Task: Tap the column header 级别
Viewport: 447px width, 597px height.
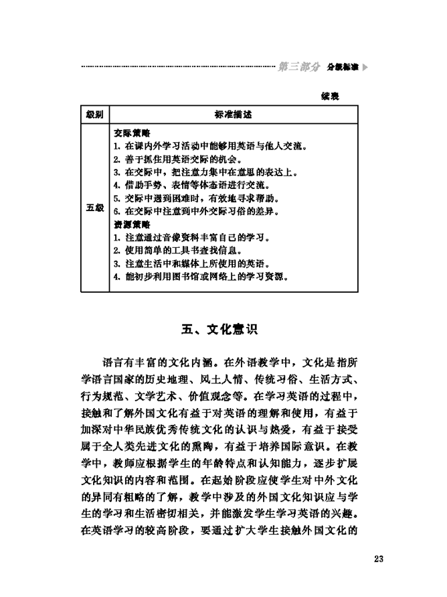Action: pos(94,115)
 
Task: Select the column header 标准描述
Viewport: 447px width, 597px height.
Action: pos(234,115)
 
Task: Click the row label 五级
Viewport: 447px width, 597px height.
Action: pos(94,207)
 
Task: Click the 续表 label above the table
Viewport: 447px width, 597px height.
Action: pos(331,96)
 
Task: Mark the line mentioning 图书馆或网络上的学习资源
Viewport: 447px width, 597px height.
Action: pos(199,277)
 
